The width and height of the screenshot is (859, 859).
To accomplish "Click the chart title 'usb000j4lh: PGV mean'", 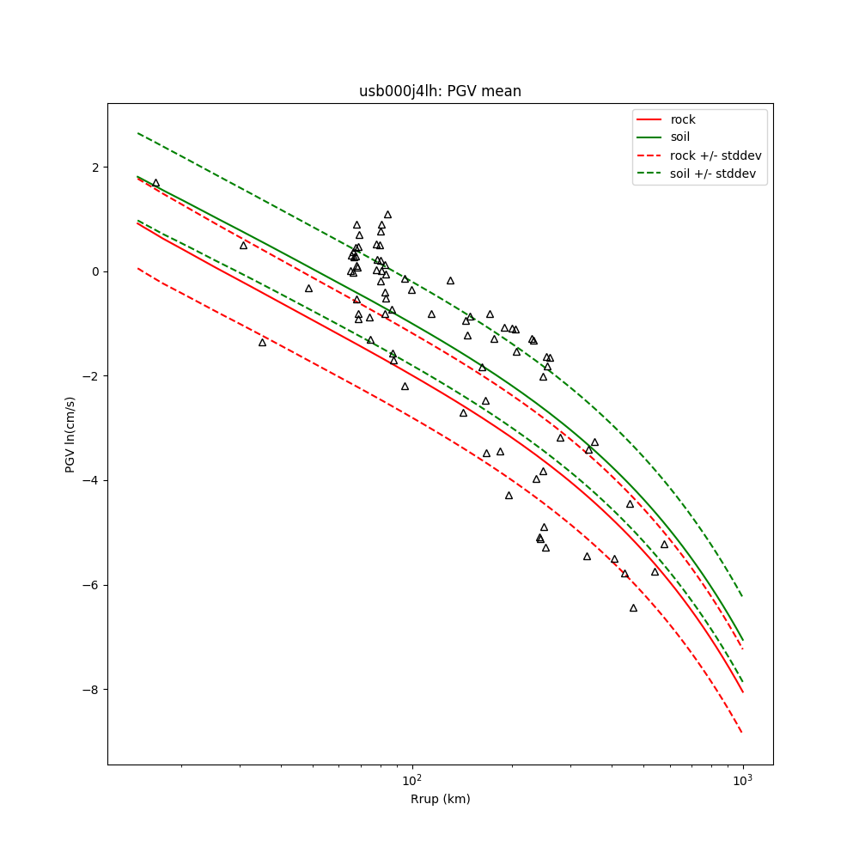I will coord(440,91).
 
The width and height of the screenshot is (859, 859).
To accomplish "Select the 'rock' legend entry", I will coord(683,119).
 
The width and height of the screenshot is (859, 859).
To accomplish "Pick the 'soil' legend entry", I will coord(679,137).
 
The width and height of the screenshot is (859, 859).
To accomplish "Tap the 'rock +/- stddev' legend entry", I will coord(716,155).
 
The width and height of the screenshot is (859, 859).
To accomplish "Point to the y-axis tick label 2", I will coord(95,167).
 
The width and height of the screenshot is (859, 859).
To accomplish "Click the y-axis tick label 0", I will coord(95,271).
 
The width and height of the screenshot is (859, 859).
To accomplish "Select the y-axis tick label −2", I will coord(92,376).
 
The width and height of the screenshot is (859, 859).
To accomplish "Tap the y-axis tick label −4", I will coord(92,480).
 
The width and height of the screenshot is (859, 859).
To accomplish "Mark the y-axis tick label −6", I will coord(92,585).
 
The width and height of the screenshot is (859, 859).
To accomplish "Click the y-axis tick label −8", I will coord(92,690).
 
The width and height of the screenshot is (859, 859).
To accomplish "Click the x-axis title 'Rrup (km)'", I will coord(440,799).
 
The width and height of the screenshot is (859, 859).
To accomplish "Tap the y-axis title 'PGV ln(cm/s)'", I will coord(70,434).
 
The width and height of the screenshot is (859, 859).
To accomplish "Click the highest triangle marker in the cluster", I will coord(387,215).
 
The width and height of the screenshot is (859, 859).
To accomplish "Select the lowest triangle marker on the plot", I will coord(633,607).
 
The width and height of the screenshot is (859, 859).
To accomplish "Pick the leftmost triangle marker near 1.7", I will coord(155,183).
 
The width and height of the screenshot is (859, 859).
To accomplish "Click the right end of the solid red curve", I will coord(742,691).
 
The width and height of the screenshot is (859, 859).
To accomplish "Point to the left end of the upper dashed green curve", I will coord(137,133).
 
